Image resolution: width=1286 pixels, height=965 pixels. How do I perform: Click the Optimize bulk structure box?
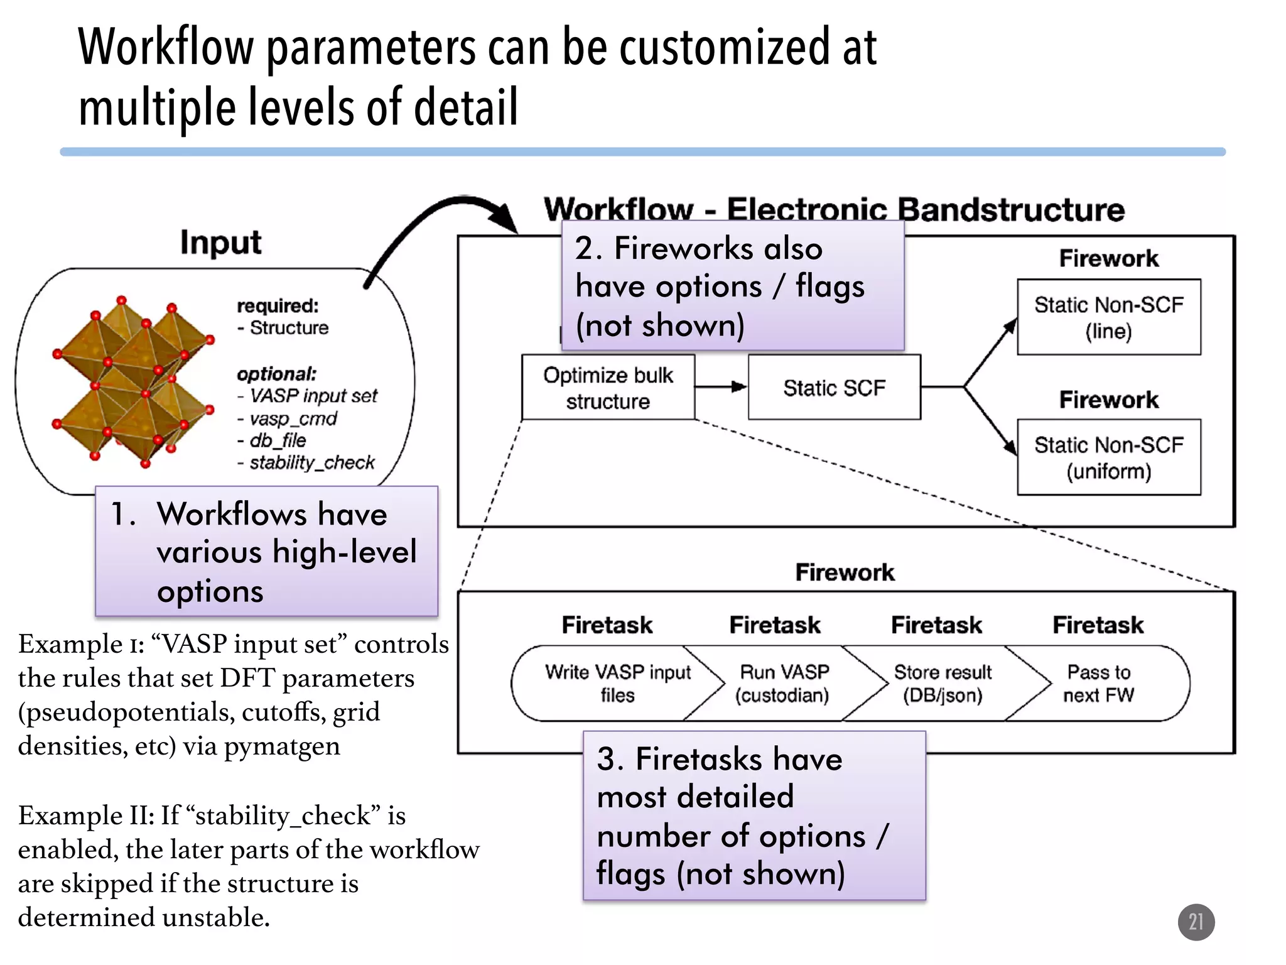(608, 388)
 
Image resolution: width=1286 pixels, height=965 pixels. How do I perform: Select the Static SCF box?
(834, 388)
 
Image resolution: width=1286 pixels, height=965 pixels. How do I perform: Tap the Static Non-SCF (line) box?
(1108, 317)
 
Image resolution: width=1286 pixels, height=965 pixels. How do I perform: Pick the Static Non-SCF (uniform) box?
(1108, 457)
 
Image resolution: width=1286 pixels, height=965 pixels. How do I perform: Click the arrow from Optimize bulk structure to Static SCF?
(721, 387)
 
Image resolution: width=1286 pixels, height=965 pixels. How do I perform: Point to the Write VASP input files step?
(617, 684)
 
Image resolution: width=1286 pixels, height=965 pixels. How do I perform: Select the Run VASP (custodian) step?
(783, 684)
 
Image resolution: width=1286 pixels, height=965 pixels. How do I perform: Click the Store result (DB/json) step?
(942, 684)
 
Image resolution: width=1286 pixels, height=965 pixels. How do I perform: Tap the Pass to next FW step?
(1098, 684)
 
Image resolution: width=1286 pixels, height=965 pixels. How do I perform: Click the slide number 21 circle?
(1196, 922)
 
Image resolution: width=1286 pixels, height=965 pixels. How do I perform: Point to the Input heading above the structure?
(220, 243)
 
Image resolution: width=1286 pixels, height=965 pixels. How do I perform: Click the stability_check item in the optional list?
(311, 463)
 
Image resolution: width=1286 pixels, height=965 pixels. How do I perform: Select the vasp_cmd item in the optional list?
(293, 418)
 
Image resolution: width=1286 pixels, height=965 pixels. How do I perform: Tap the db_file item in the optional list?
(278, 440)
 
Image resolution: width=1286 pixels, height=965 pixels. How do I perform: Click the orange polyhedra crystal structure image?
(133, 382)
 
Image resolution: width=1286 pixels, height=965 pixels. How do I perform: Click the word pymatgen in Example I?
(282, 746)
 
